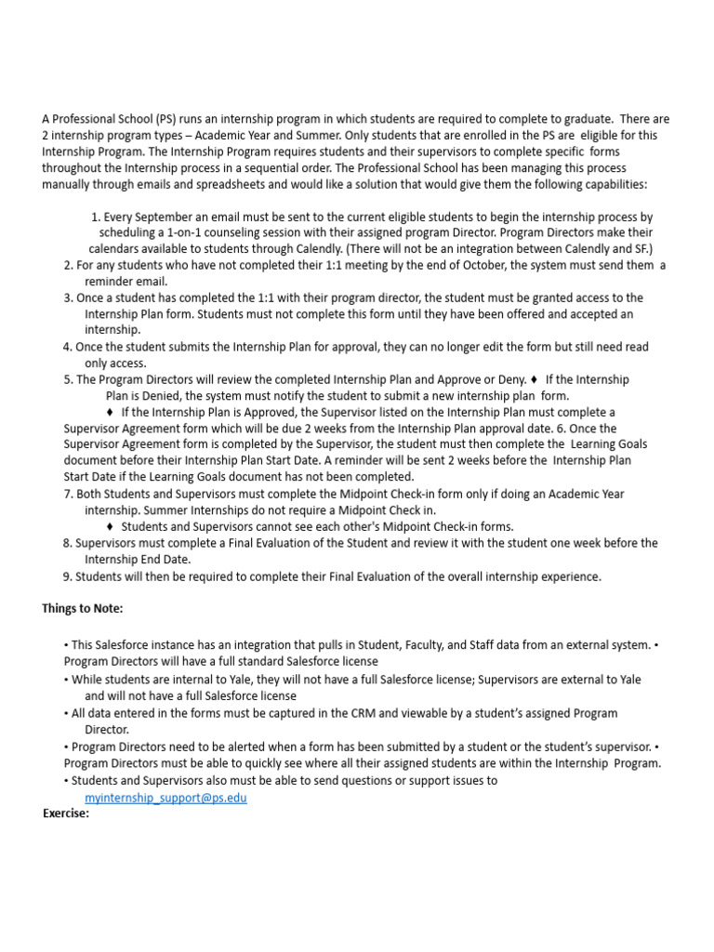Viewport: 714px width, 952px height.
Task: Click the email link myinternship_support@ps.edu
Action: click(x=165, y=798)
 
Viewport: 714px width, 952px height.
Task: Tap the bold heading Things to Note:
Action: click(x=82, y=608)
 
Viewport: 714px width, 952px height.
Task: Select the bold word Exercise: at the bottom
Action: click(x=66, y=813)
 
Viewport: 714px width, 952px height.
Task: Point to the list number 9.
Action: click(x=67, y=576)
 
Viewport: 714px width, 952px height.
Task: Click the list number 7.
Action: click(x=67, y=494)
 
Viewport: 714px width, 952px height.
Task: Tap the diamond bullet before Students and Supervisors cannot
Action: click(x=111, y=526)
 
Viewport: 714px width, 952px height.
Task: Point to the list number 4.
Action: click(x=67, y=347)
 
